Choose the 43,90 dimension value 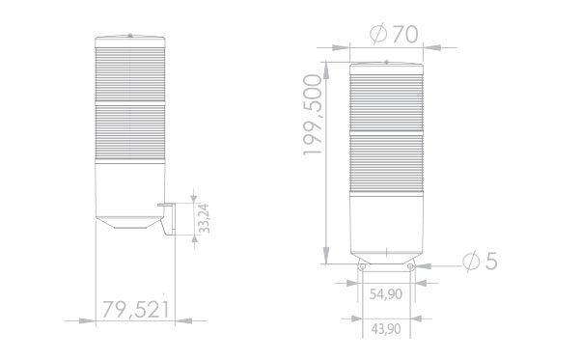click(385, 329)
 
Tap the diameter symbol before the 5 click(470, 262)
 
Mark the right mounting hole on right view click(410, 266)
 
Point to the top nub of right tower click(386, 61)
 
